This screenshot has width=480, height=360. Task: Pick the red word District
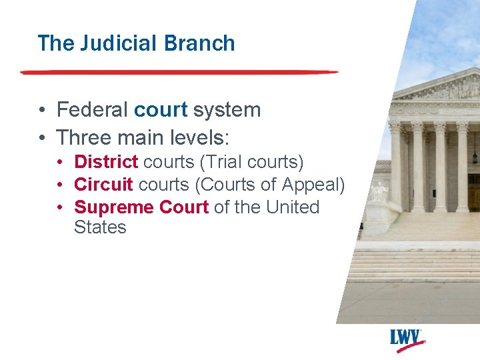click(x=106, y=162)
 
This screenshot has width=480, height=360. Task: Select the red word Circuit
click(x=103, y=185)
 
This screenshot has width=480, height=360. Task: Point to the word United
click(x=293, y=207)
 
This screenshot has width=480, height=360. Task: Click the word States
click(x=100, y=227)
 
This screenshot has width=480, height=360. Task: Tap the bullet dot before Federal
click(x=42, y=110)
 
